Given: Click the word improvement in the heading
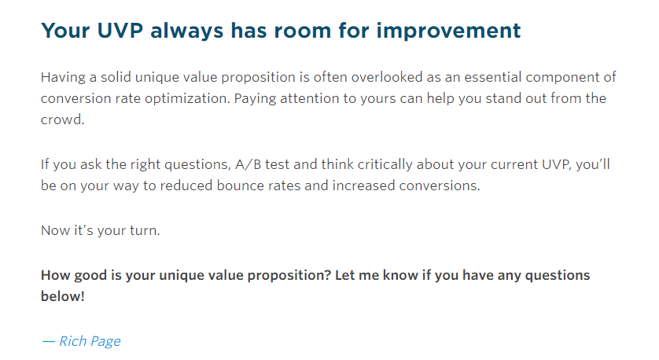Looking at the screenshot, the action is pos(448,31).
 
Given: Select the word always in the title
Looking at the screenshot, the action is pos(186,31).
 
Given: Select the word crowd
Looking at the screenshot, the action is pos(63,119).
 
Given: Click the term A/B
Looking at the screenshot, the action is pos(248,164).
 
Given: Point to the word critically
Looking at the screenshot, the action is pos(385,164).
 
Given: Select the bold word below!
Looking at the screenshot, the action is pos(63,296).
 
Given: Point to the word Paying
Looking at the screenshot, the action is pos(255,99).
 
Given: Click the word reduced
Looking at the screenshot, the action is pos(186,186).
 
